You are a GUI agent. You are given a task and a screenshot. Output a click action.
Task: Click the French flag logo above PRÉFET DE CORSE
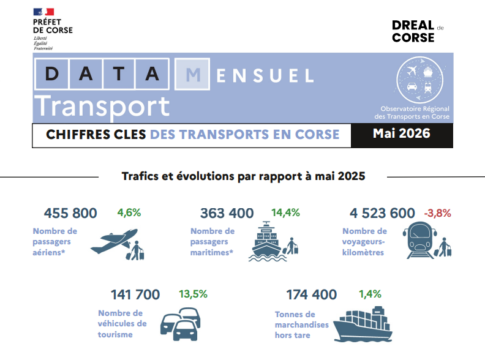coord(43,12)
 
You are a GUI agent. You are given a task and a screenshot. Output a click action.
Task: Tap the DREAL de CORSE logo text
coord(418,31)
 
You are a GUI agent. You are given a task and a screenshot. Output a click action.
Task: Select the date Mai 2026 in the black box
coord(402,133)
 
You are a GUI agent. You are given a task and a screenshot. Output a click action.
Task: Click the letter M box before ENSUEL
coord(192,74)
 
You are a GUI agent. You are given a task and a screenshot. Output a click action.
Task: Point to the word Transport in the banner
coord(102,107)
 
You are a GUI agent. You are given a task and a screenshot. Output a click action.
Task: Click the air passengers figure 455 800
coord(70,213)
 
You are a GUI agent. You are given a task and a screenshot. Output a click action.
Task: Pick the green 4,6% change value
coord(129,213)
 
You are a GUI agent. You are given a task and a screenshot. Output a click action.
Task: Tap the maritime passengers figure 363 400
coord(227,213)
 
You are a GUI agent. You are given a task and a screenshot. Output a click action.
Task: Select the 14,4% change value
coord(285,213)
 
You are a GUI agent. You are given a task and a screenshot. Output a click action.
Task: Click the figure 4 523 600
coord(382,213)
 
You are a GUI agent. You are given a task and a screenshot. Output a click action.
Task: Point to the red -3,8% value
coord(437,213)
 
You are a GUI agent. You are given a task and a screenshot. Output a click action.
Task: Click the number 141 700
coord(135,294)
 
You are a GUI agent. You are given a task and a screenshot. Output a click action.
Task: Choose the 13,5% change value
coord(194,294)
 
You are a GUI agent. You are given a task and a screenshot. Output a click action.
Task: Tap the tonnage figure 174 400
coord(312,294)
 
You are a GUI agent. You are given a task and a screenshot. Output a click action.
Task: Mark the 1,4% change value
coord(370,294)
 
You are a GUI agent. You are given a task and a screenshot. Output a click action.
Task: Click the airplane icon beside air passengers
coord(115,241)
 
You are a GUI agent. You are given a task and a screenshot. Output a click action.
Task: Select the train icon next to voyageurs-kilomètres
coord(419,240)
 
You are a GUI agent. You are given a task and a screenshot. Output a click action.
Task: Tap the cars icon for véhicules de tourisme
coord(180,324)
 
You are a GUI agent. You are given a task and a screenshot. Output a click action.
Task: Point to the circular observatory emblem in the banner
coord(419,80)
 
